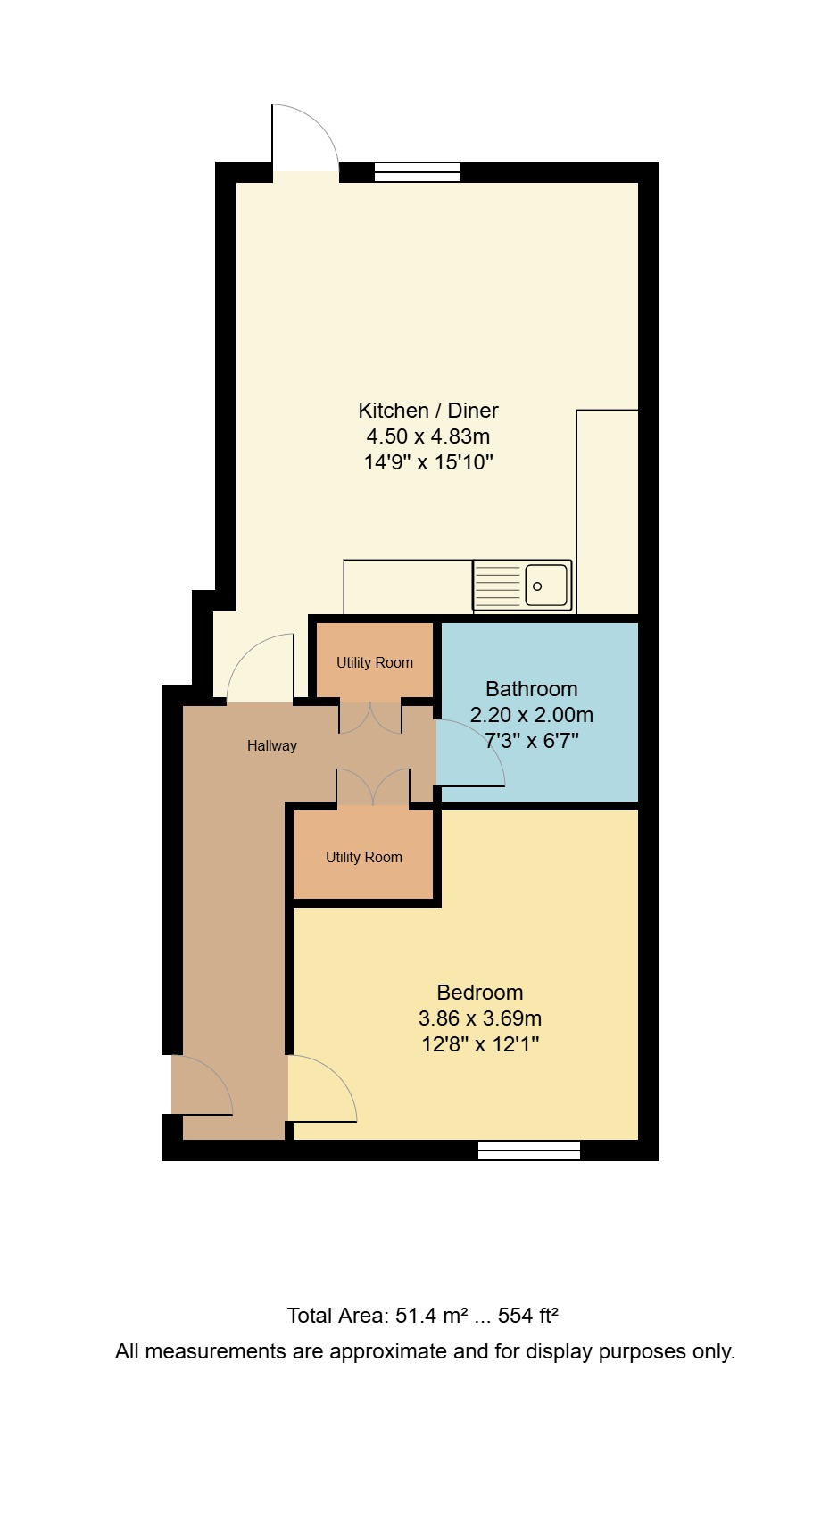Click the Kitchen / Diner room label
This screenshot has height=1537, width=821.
pos(427,411)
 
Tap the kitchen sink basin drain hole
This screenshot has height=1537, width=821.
pos(537,586)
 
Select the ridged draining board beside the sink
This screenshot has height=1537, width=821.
pos(497,586)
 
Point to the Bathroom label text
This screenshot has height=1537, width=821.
pos(531,689)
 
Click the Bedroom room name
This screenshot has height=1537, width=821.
pos(479,993)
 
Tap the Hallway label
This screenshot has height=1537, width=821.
pos(271,746)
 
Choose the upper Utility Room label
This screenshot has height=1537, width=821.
pos(374,663)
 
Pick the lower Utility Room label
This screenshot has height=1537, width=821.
pos(363,858)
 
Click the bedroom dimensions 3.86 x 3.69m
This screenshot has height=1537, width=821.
pos(479,1018)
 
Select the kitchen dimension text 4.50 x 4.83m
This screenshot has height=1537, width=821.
pos(427,436)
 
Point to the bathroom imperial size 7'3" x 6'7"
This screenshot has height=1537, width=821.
pos(531,741)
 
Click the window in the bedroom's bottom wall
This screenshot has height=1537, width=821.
pos(529,1151)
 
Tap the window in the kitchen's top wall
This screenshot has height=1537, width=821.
pos(417,172)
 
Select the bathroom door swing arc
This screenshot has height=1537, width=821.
pos(473,754)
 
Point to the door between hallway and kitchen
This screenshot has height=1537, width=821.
pos(261,669)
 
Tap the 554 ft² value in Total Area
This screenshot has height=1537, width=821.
pos(527,1316)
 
